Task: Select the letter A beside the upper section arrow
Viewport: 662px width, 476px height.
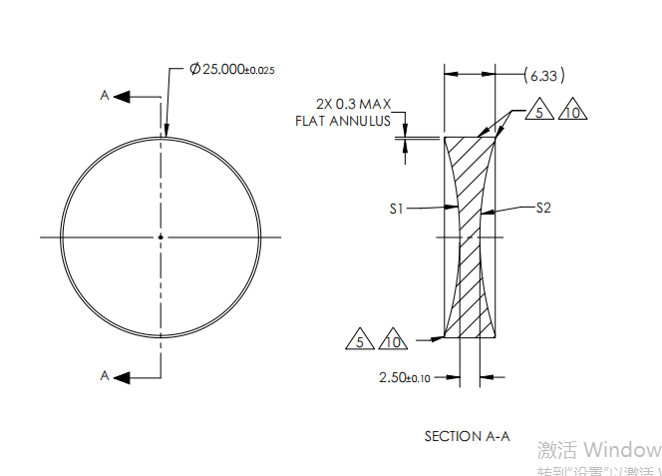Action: click(x=104, y=96)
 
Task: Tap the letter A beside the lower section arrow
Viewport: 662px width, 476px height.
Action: click(x=104, y=375)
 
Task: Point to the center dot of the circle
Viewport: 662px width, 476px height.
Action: click(x=161, y=237)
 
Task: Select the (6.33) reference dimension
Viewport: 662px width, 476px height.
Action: click(x=543, y=75)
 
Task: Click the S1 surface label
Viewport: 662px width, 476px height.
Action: click(x=396, y=209)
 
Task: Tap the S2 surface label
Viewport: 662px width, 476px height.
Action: click(x=543, y=209)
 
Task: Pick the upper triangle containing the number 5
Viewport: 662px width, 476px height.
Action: click(x=538, y=112)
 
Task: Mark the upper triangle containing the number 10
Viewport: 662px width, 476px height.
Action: click(x=571, y=112)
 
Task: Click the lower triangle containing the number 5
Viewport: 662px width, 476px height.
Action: click(x=360, y=340)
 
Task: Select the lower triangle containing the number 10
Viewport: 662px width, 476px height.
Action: click(x=393, y=340)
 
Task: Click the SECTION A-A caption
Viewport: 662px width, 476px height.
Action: click(x=467, y=436)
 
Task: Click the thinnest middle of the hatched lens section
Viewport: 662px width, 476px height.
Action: click(x=470, y=237)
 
